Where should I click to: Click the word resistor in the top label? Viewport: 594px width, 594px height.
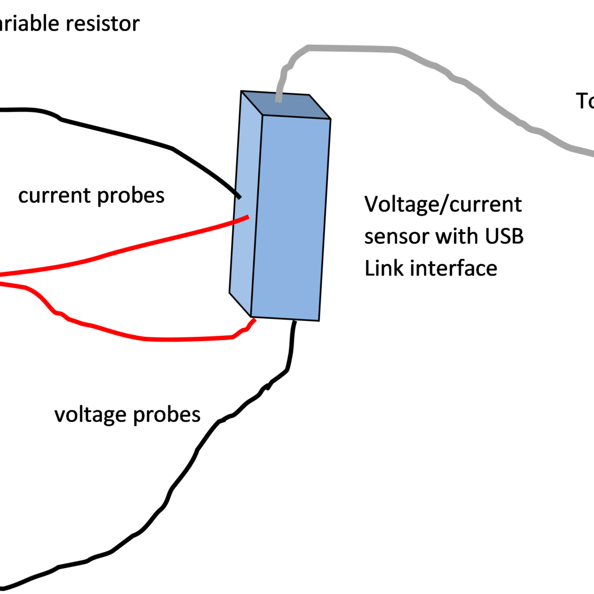click(107, 24)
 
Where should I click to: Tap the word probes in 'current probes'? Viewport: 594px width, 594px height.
click(131, 196)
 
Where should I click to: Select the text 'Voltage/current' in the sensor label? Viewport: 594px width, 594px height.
click(442, 204)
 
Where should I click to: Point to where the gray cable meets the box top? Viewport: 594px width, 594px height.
click(278, 98)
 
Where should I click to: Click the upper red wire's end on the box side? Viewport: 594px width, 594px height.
click(247, 217)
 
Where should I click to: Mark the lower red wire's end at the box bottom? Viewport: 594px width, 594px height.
click(254, 320)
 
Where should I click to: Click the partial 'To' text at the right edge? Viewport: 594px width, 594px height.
click(584, 101)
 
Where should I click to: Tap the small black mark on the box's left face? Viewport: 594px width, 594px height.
click(238, 195)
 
